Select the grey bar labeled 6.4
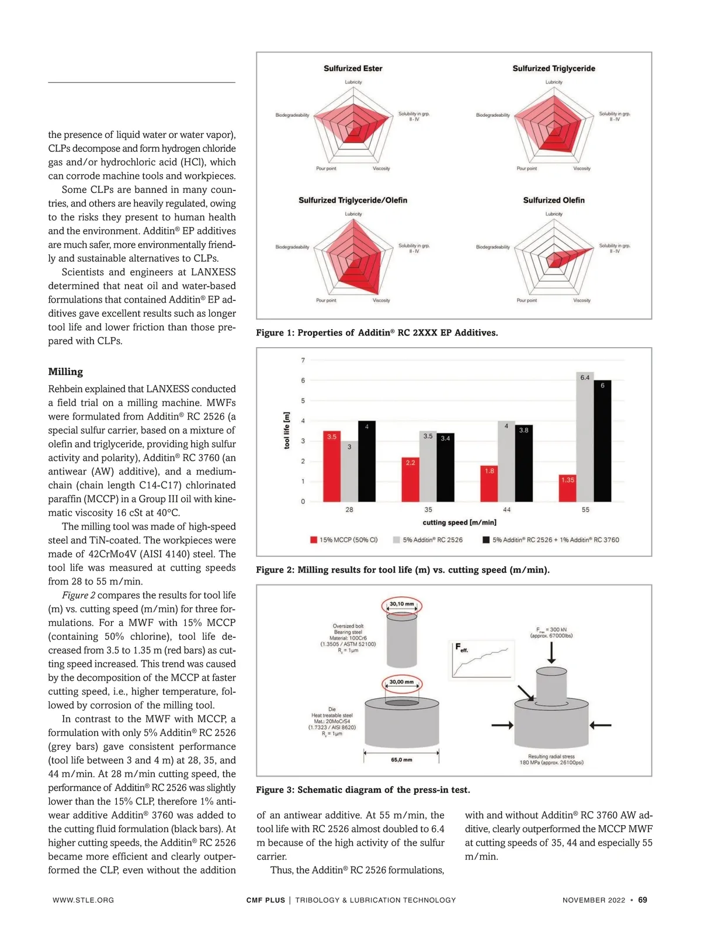(x=585, y=437)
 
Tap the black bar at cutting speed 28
(x=367, y=462)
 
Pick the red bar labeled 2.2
(x=410, y=480)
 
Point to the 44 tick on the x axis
(x=506, y=510)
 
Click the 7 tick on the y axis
(x=303, y=361)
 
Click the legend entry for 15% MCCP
(x=344, y=540)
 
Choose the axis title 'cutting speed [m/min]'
(x=459, y=522)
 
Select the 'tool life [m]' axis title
(x=287, y=430)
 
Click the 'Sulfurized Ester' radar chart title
(x=353, y=68)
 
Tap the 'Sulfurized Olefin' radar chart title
(x=554, y=200)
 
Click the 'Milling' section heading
(x=65, y=372)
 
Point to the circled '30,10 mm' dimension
(x=401, y=604)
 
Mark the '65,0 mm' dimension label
(x=401, y=760)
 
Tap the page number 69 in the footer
(x=643, y=900)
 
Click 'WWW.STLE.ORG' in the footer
(x=83, y=901)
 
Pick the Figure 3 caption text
(x=363, y=790)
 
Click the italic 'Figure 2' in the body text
(x=79, y=595)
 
